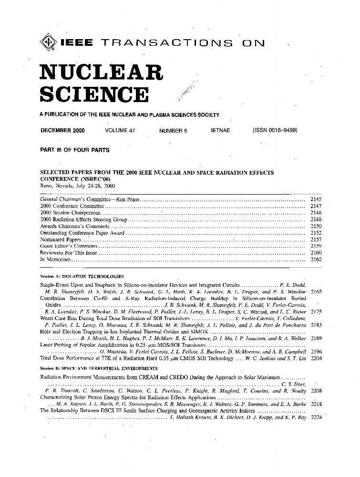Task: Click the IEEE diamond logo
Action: point(48,43)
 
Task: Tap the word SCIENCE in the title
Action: point(93,94)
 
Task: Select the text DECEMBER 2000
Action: point(63,130)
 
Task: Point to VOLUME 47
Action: point(120,130)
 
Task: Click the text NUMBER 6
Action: point(173,130)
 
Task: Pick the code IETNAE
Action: point(220,130)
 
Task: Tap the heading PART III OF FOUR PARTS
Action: point(75,150)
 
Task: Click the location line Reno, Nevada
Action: point(78,186)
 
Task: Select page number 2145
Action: point(316,199)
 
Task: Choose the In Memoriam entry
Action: point(56,259)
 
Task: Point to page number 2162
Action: point(316,259)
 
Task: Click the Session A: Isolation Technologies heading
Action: point(82,277)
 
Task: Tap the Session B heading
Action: point(99,368)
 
